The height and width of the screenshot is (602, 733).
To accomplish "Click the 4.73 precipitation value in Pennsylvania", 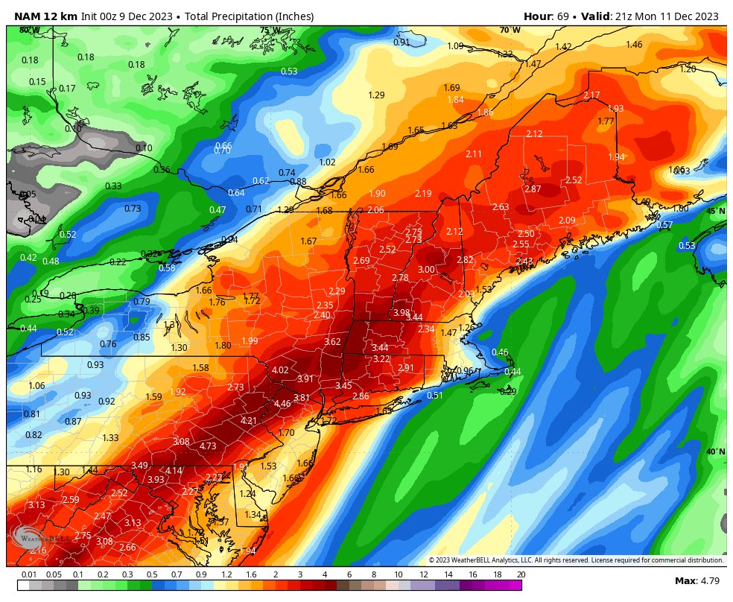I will point(208,446).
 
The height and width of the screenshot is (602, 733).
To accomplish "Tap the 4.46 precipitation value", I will point(282,404).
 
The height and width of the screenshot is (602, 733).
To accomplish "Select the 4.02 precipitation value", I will point(280,370).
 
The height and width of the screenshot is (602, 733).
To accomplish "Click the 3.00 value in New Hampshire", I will point(426,270).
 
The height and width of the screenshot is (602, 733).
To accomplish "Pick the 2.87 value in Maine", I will point(533,189).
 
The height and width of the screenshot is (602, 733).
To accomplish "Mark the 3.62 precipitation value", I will point(332,342).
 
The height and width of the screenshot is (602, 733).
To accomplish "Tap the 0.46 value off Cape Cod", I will point(500,352).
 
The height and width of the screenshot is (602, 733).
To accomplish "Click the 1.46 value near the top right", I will point(634,45).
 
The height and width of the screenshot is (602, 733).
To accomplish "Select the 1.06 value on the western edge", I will point(37,386).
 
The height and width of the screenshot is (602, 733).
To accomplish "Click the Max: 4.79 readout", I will point(695,580).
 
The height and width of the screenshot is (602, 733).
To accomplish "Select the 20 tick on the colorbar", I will point(520,574).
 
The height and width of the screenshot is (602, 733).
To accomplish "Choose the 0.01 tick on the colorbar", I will point(29,574).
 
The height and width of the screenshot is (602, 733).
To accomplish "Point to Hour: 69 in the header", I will point(547,16).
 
